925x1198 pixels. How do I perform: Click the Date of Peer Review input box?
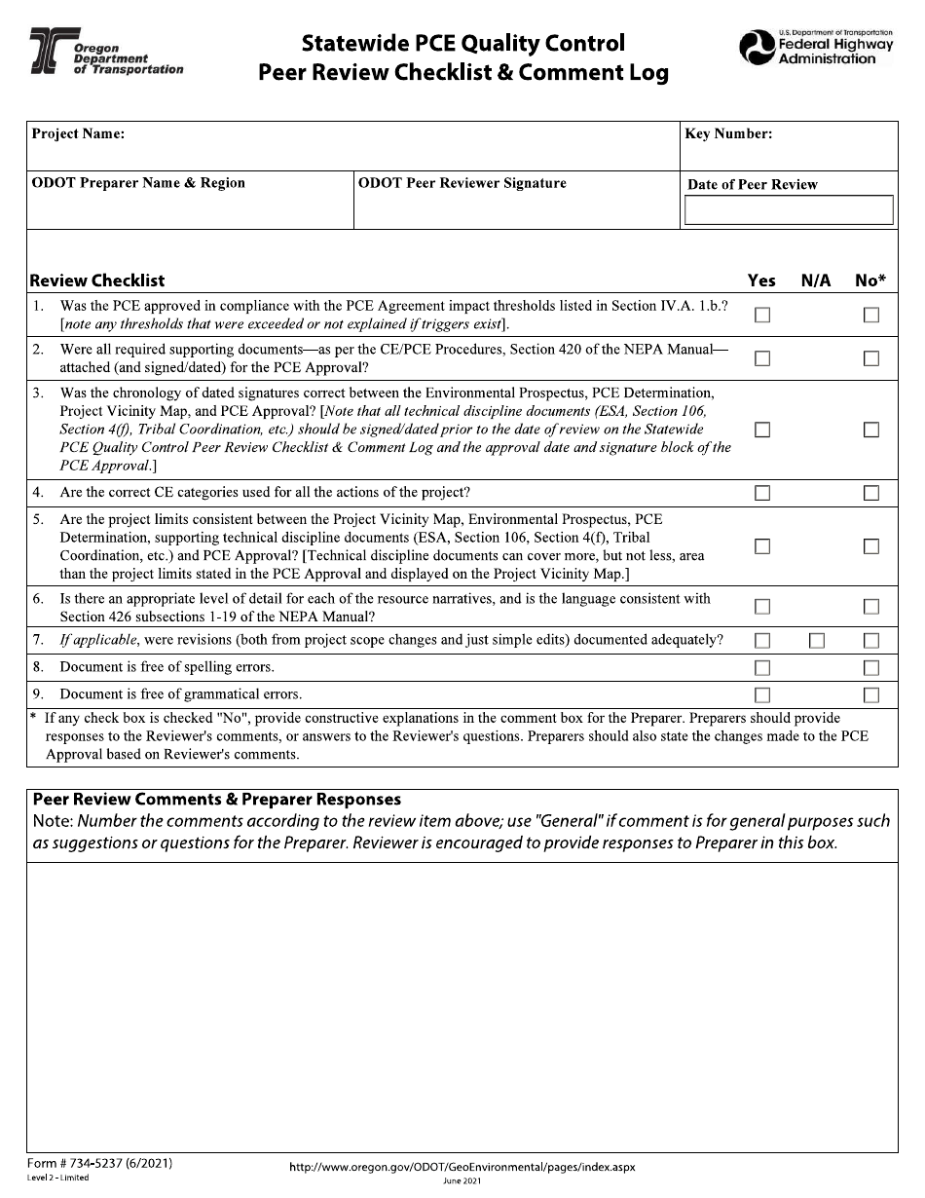coord(789,210)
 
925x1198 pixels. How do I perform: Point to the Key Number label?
coord(728,134)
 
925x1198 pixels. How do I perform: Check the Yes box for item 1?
coord(762,315)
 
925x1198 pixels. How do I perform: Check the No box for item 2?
coord(871,358)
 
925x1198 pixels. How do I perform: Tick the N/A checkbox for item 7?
coord(817,640)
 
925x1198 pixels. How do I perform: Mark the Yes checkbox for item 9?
coord(762,694)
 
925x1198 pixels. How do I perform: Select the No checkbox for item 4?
coord(871,493)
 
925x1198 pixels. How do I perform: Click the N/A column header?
coord(816,281)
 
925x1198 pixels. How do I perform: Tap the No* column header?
coord(870,281)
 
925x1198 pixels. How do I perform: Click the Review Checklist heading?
coord(97,281)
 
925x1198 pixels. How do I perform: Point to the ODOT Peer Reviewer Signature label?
coord(462,183)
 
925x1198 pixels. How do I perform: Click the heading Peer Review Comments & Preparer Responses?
coord(216,800)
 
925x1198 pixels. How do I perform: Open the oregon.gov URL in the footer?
coord(462,1167)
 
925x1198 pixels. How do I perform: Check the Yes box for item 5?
coord(762,546)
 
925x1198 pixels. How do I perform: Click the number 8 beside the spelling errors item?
coord(38,667)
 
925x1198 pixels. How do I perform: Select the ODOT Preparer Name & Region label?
coord(138,183)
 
